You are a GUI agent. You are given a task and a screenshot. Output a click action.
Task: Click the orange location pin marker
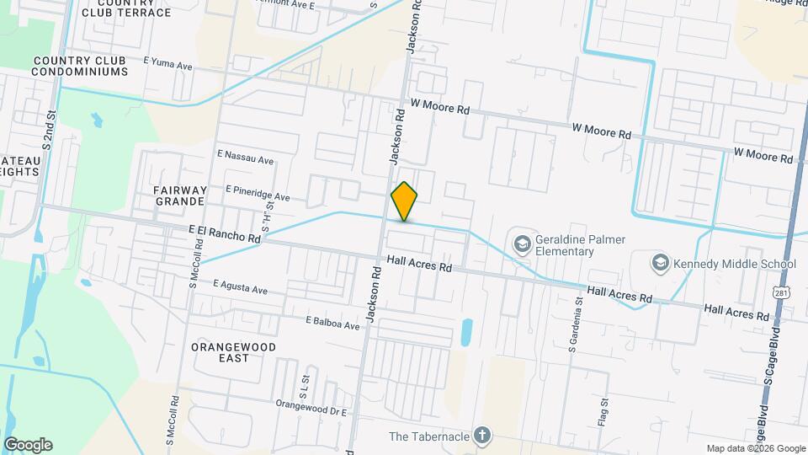tap(404, 201)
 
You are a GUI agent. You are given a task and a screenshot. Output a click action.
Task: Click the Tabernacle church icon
tap(481, 436)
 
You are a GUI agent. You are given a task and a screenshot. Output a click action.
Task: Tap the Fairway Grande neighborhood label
tap(180, 195)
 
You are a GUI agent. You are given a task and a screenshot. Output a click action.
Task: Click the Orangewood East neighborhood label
tap(220, 351)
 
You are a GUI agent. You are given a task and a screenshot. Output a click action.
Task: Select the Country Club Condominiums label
tap(80, 67)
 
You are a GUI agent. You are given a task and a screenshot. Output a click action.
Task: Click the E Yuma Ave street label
tap(168, 64)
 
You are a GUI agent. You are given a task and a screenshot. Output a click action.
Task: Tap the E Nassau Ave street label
tap(246, 158)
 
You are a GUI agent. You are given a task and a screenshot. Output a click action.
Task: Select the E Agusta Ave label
tap(240, 286)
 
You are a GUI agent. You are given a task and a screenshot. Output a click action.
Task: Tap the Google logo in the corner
tap(28, 445)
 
